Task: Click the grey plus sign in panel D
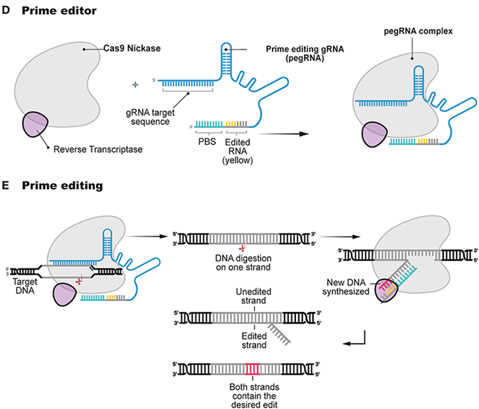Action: tap(136, 85)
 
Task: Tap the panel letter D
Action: tap(7, 10)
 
